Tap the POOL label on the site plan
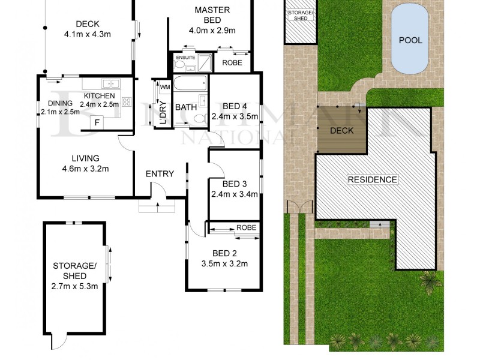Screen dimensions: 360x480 (410, 41)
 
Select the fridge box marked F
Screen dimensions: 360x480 (96, 122)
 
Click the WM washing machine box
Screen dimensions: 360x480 (164, 88)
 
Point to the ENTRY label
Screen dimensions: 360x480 (160, 174)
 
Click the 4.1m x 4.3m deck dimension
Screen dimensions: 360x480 (87, 34)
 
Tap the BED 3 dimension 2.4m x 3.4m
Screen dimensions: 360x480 (234, 194)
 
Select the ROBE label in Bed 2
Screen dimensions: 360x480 (246, 228)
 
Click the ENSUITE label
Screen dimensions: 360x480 (185, 58)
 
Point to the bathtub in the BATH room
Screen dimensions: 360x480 (190, 83)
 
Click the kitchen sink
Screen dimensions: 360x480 (111, 84)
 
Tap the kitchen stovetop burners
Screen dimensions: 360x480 (126, 101)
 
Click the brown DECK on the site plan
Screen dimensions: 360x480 (342, 131)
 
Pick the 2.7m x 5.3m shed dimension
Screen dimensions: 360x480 (74, 286)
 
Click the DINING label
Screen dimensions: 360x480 (59, 103)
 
